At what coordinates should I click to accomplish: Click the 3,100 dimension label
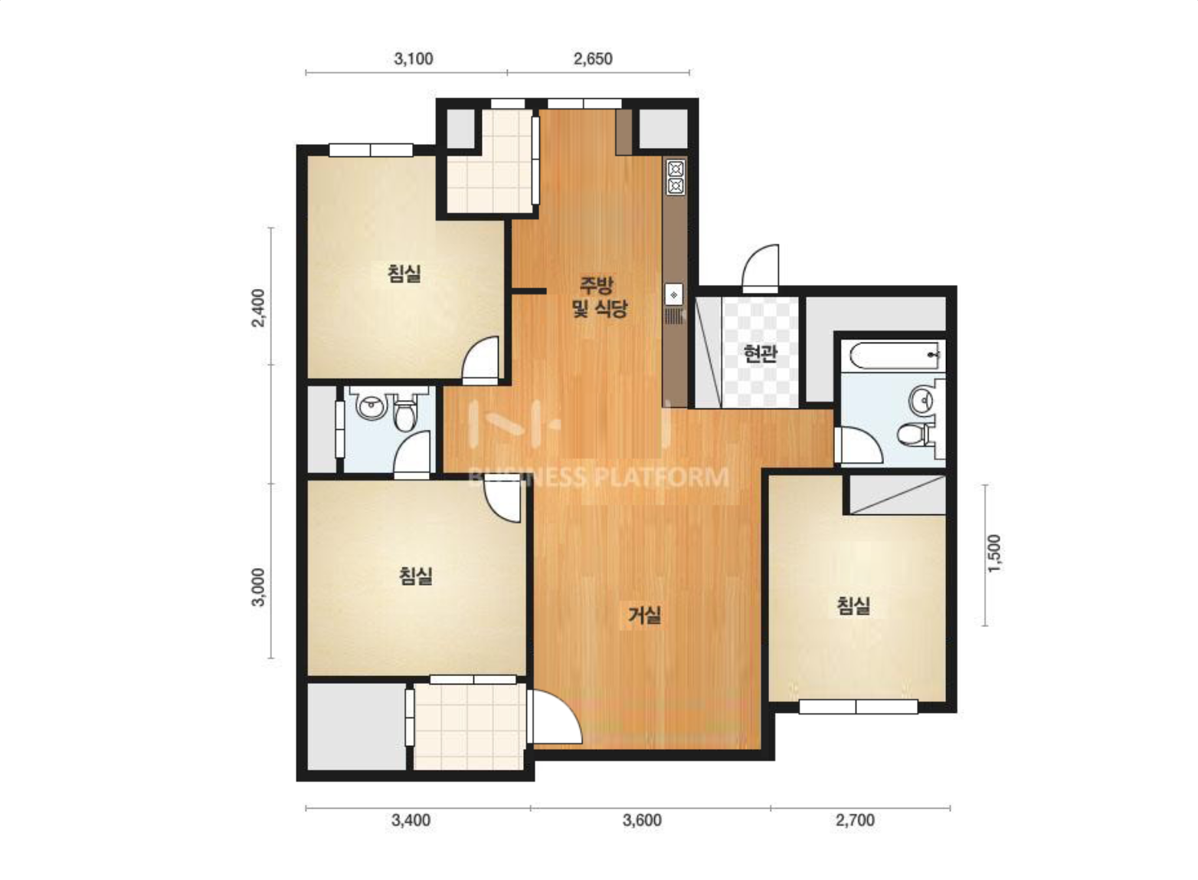(x=414, y=58)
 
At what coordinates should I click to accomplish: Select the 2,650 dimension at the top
(x=593, y=58)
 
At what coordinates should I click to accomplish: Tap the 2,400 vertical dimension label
(x=258, y=307)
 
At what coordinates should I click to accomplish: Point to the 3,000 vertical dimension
(x=258, y=586)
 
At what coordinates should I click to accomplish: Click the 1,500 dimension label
(x=993, y=553)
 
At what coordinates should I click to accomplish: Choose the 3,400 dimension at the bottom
(x=411, y=819)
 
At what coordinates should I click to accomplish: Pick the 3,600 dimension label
(x=642, y=819)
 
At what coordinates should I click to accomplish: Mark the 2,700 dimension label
(x=855, y=819)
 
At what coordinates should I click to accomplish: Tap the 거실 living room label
(x=644, y=615)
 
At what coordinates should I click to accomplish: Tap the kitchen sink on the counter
(x=674, y=295)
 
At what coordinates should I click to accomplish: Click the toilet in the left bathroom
(x=405, y=414)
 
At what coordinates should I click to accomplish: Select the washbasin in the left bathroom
(x=372, y=407)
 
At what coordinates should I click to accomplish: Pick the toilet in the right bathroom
(x=915, y=434)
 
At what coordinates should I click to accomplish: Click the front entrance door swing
(x=760, y=268)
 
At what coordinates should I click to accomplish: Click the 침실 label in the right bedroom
(x=853, y=606)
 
